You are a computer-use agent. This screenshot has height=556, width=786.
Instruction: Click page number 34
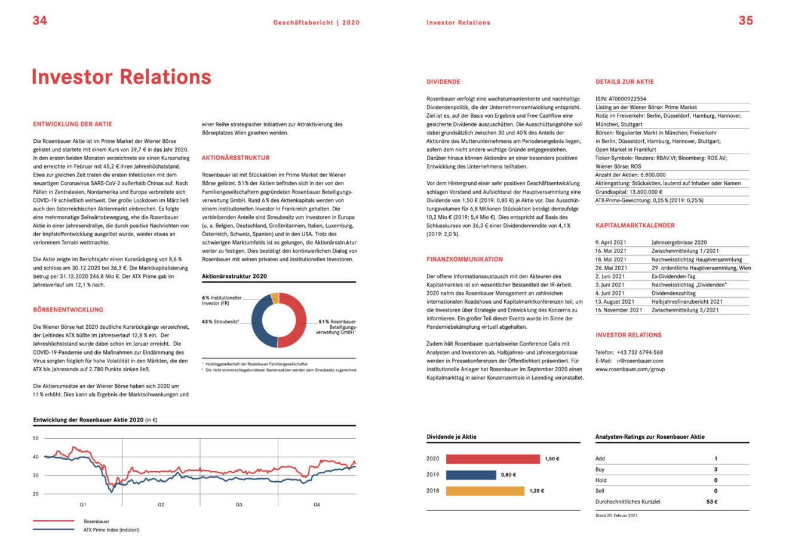(x=39, y=20)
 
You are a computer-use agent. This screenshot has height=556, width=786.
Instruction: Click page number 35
(x=745, y=20)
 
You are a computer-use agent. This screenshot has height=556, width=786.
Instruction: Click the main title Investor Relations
(x=121, y=77)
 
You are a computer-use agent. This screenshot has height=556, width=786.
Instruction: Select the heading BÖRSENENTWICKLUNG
(x=68, y=310)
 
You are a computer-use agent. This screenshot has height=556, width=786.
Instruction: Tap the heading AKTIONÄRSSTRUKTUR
(x=235, y=158)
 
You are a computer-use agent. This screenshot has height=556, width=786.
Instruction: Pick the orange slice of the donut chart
(x=275, y=297)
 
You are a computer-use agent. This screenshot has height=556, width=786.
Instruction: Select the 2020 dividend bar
(x=492, y=459)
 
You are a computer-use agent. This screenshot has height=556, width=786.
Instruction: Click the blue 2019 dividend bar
(x=471, y=475)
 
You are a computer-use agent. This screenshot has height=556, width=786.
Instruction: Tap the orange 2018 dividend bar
(x=485, y=491)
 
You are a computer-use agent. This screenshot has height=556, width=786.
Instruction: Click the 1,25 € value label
(x=536, y=491)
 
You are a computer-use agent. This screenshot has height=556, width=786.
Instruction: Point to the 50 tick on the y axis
(x=36, y=438)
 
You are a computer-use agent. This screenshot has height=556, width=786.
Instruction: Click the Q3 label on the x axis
(x=239, y=505)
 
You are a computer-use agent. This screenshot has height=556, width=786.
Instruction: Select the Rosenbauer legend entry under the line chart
(x=96, y=521)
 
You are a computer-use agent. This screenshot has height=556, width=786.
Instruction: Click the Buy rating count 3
(x=716, y=469)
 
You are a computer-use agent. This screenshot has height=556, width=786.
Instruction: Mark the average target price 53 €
(x=711, y=502)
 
